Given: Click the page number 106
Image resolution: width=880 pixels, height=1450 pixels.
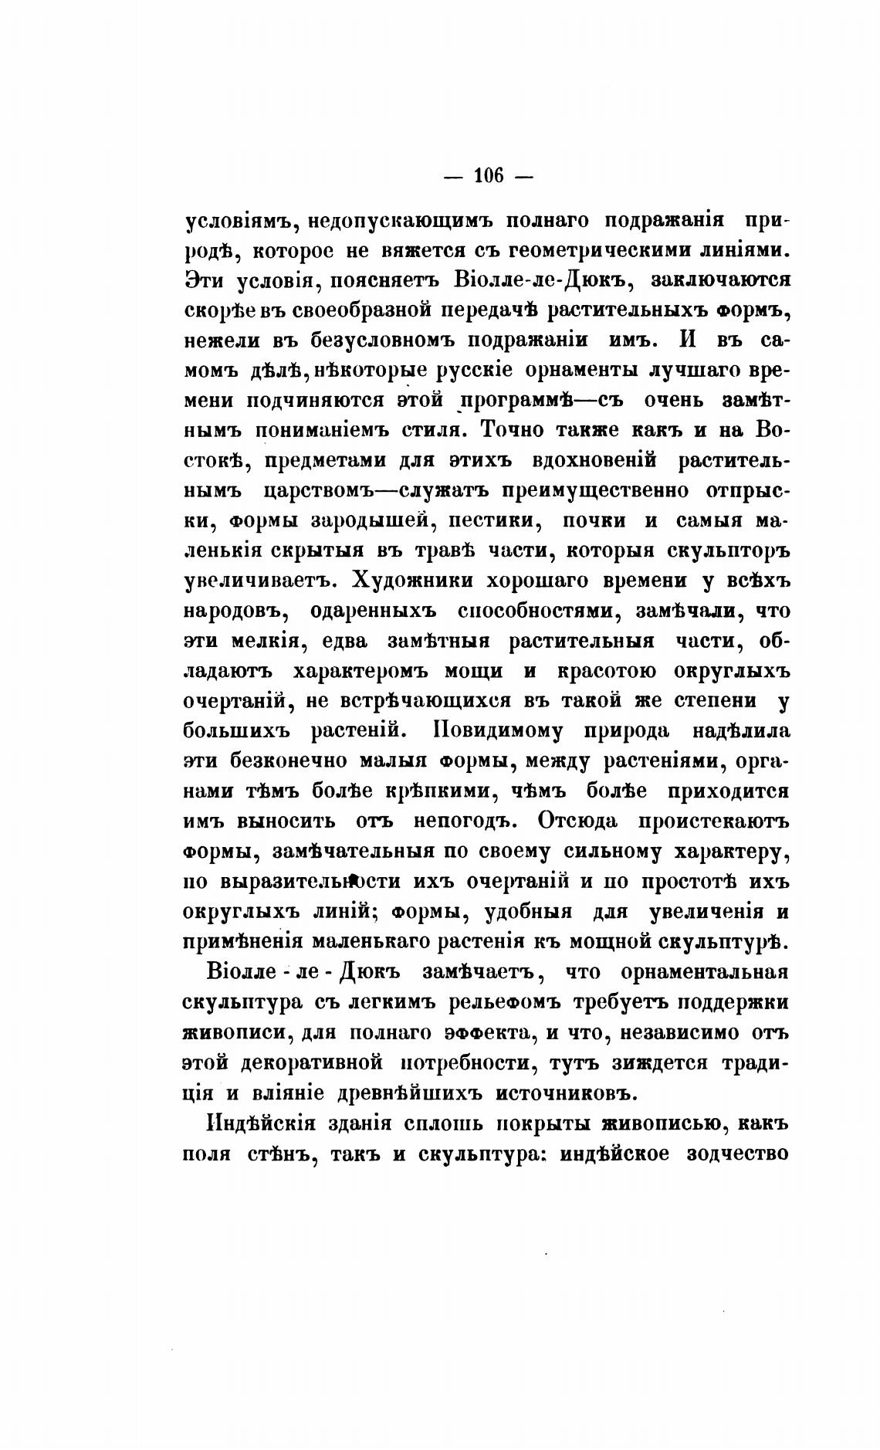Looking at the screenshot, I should (489, 177).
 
